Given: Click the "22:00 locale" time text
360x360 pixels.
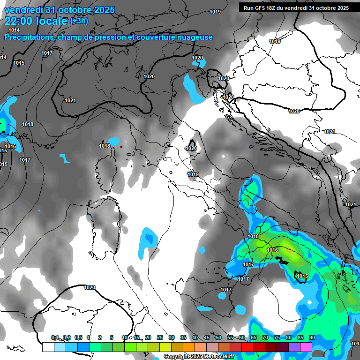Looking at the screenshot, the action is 36,22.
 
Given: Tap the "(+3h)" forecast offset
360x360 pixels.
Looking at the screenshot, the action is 81,21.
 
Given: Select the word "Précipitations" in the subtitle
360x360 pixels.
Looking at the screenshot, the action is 28,37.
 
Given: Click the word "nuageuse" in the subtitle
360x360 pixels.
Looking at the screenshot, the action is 197,37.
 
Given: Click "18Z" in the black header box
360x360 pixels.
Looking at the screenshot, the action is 276,8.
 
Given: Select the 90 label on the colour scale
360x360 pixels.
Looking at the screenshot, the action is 312,337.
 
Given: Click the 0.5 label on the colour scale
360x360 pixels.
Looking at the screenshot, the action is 78,337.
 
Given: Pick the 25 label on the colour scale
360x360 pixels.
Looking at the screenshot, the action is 159,337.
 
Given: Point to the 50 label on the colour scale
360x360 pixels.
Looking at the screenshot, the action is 218,337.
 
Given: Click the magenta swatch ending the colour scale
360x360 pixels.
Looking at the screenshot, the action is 306,347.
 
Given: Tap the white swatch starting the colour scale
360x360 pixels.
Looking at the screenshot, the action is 48,347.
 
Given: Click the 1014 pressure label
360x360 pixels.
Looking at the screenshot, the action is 14,30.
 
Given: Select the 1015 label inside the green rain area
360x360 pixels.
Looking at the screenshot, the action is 302,276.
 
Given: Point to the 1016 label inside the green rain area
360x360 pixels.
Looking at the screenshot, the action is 272,250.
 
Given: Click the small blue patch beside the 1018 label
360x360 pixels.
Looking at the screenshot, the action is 114,141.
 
